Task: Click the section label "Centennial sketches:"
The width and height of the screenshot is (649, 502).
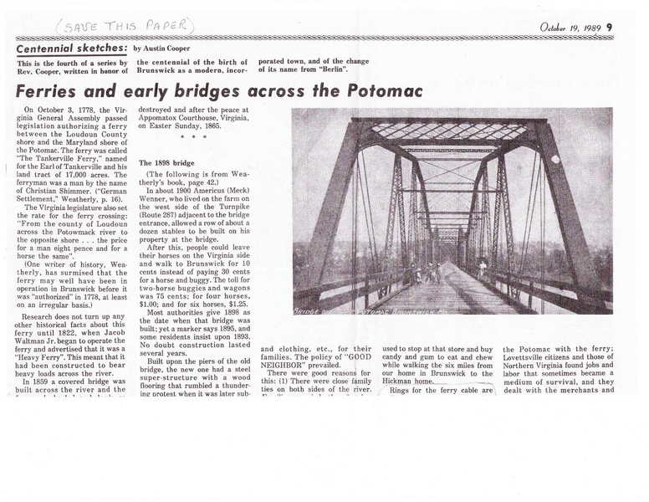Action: tap(73, 49)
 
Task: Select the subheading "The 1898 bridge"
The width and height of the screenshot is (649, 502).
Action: tap(166, 161)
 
